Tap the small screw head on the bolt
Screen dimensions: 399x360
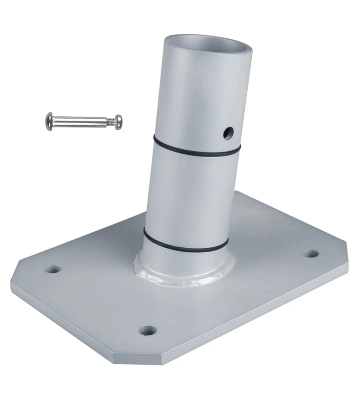[118, 121]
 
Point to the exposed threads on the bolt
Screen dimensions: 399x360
[108, 121]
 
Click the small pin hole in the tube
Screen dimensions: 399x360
[228, 133]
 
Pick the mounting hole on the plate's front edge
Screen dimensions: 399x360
[147, 330]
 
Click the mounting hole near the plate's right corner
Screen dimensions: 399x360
[311, 253]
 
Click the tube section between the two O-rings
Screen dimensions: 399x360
[189, 195]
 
